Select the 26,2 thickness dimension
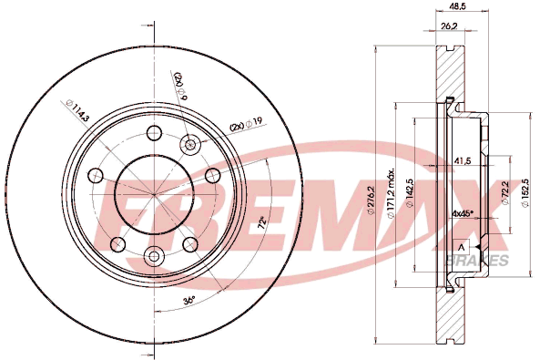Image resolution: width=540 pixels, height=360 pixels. pyautogui.click(x=449, y=26)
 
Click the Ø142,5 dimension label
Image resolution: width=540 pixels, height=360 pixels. pyautogui.click(x=410, y=193)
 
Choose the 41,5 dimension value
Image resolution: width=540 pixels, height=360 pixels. pyautogui.click(x=462, y=160)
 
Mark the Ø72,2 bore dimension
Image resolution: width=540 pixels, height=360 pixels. pyautogui.click(x=506, y=192)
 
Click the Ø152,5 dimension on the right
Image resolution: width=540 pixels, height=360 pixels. pyautogui.click(x=525, y=193)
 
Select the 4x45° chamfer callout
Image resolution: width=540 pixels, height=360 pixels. pyautogui.click(x=463, y=213)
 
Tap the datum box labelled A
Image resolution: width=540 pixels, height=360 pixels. pyautogui.click(x=462, y=247)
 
